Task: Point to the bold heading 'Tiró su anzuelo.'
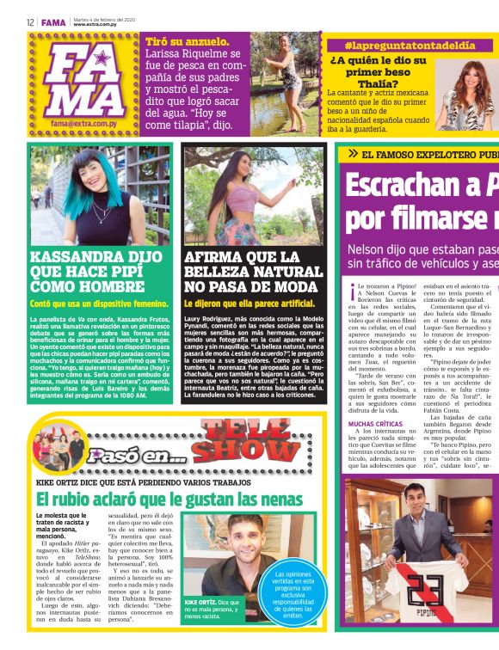point(188,40)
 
